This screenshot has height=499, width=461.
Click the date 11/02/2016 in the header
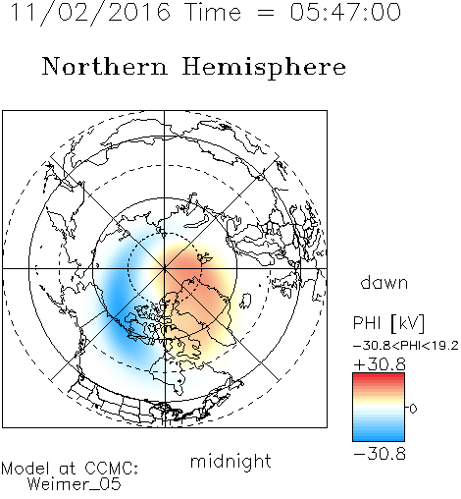pos(90,13)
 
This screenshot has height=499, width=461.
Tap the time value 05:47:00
pos(345,12)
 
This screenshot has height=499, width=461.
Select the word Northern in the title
pos(105,66)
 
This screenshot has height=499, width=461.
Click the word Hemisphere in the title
pos(264,68)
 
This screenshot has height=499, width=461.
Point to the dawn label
pos(384,282)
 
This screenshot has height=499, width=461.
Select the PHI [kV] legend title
pos(389,323)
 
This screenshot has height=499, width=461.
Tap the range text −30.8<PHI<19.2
pos(406,346)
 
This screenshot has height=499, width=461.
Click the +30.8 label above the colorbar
pos(380,364)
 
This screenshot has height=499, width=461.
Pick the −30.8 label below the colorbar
pos(380,454)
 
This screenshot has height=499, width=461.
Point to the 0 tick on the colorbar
pos(413,409)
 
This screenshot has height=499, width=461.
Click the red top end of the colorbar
pos(379,376)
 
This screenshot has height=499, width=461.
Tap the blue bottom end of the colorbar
pos(379,438)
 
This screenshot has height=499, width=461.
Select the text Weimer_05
pos(75,484)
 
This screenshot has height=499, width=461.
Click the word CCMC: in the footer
pos(112,469)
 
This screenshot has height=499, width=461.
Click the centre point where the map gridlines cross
pos(165,268)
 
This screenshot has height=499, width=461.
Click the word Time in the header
pos(213,12)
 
